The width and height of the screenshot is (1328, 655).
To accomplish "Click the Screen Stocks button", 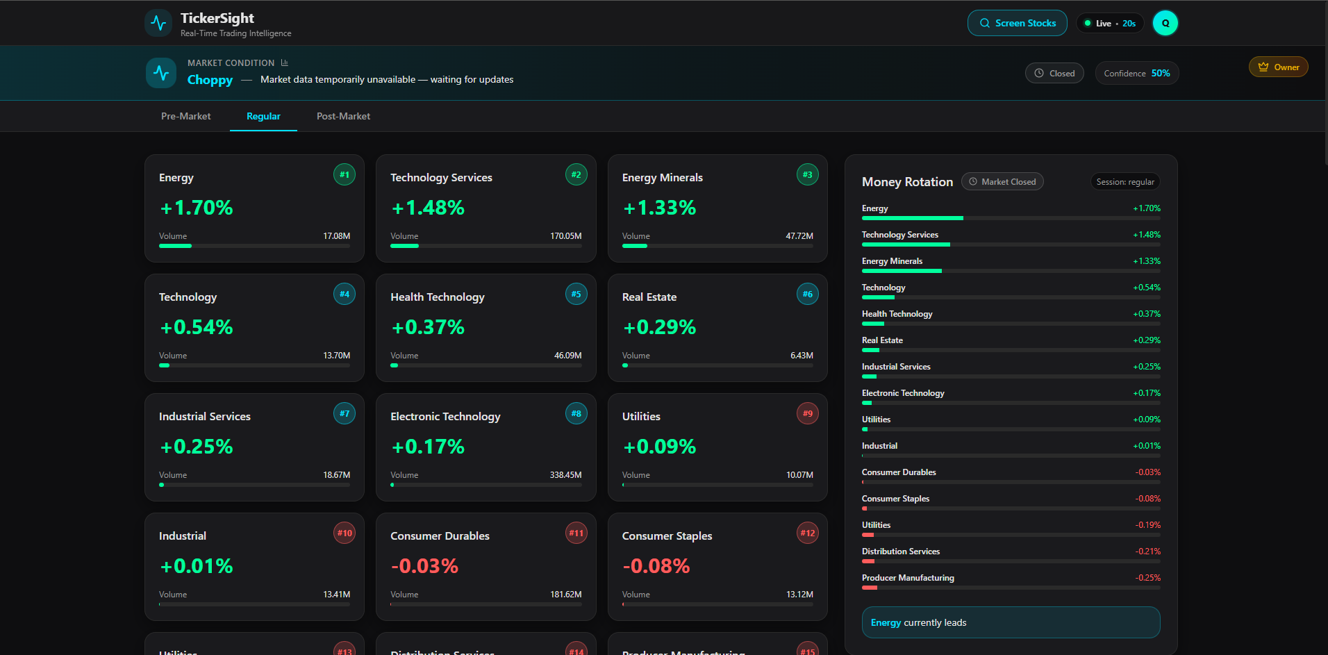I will click(1017, 23).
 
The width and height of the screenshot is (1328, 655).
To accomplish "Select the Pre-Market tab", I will click(185, 116).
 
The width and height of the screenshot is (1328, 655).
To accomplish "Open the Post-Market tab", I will click(343, 116).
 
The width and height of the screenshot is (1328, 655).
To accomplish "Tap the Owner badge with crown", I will click(1278, 67).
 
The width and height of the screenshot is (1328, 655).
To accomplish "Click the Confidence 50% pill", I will click(1136, 73).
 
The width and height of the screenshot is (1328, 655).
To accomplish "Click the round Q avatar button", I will click(1165, 23).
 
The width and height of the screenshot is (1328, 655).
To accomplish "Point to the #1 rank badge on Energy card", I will click(345, 174).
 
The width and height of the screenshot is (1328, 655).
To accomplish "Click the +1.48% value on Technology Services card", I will click(428, 208).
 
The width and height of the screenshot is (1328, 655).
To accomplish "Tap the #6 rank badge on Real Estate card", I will click(807, 294).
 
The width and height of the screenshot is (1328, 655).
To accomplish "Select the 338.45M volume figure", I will click(565, 475).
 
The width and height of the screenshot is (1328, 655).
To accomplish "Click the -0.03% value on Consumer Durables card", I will click(424, 566).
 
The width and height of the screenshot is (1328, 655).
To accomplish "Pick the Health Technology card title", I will click(438, 297).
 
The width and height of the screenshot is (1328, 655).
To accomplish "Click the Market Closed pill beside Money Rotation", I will click(1002, 181).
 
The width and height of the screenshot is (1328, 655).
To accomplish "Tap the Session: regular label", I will click(1125, 181).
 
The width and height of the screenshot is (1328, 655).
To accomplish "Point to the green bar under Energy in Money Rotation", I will click(912, 218).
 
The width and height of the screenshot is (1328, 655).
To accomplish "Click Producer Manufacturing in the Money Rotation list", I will click(908, 578).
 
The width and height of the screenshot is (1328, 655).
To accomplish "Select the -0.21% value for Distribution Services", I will click(1147, 552).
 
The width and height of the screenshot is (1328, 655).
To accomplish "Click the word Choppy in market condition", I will click(210, 80).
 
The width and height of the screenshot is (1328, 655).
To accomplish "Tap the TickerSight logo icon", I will click(158, 23).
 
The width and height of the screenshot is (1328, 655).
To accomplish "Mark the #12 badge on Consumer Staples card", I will click(807, 533).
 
